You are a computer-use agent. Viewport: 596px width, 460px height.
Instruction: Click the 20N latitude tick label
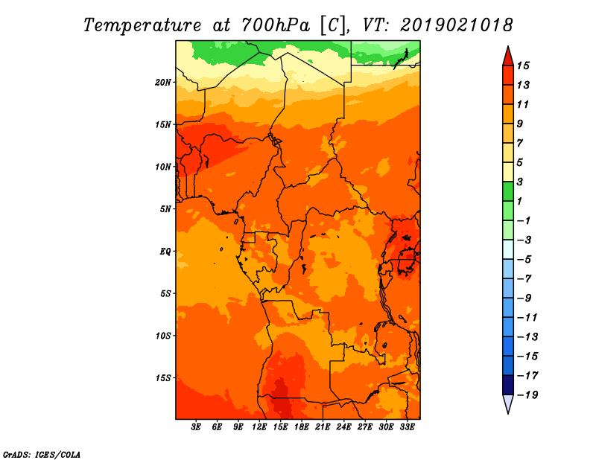pyautogui.click(x=163, y=83)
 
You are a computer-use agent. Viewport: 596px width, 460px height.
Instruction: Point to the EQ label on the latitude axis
pyautogui.click(x=165, y=252)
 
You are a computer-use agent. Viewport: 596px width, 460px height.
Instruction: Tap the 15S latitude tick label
pyautogui.click(x=163, y=378)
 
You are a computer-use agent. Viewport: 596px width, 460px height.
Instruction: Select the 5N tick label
pyautogui.click(x=165, y=209)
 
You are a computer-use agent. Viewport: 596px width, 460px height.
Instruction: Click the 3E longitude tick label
pyautogui.click(x=196, y=427)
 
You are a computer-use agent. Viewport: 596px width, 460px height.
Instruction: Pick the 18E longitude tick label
pyautogui.click(x=302, y=427)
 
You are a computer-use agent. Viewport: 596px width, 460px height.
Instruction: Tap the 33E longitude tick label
pyautogui.click(x=407, y=427)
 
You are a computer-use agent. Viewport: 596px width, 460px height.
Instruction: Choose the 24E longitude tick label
pyautogui.click(x=343, y=427)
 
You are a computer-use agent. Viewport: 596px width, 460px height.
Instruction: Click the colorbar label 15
pyautogui.click(x=523, y=66)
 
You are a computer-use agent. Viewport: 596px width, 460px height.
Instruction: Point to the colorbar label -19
pyautogui.click(x=527, y=395)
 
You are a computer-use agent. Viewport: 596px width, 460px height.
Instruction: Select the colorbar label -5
pyautogui.click(x=524, y=260)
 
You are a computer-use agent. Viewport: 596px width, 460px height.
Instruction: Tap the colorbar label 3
pyautogui.click(x=520, y=182)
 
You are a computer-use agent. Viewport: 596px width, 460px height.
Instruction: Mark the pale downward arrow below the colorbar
pyautogui.click(x=508, y=403)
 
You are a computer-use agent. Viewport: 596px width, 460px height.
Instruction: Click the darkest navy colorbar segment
pyautogui.click(x=508, y=385)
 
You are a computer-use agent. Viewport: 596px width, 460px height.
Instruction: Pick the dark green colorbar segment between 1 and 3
pyautogui.click(x=508, y=191)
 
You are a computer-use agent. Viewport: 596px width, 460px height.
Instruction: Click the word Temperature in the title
pyautogui.click(x=142, y=25)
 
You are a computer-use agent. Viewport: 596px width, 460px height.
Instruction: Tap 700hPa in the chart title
pyautogui.click(x=275, y=25)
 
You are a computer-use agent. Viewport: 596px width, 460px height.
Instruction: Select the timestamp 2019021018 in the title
pyautogui.click(x=457, y=25)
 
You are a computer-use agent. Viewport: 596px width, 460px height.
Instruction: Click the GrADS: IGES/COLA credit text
pyautogui.click(x=42, y=455)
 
